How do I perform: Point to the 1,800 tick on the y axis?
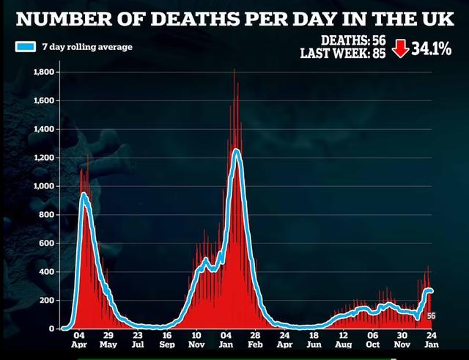(43, 72)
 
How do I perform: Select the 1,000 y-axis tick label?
(43, 186)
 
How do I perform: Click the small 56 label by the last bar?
(432, 316)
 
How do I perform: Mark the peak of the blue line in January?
(236, 151)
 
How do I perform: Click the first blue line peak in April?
(84, 195)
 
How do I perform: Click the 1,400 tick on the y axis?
(43, 129)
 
